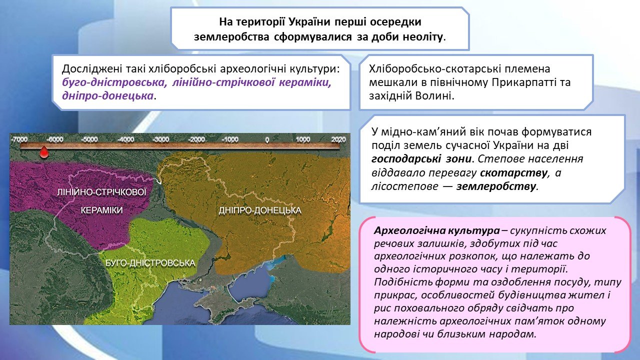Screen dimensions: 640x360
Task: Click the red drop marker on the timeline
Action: coord(43,152)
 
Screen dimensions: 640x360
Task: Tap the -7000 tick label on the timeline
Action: coord(19,139)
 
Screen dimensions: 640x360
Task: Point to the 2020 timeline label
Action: coord(338,139)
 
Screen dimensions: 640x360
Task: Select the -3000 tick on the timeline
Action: coord(161,139)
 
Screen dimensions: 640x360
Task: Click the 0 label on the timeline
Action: coord(267,139)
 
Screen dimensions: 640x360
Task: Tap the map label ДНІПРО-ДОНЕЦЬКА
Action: coord(260,210)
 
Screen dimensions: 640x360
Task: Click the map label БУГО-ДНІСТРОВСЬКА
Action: coord(150,263)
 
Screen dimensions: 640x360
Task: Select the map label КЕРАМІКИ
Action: coord(101,210)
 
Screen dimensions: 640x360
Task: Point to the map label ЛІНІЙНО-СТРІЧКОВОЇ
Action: coord(101,191)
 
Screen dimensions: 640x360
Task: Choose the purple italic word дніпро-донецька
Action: coord(107,95)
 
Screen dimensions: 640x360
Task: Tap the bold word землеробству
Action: coord(495,186)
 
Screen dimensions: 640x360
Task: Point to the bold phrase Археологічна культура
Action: coord(437,230)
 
